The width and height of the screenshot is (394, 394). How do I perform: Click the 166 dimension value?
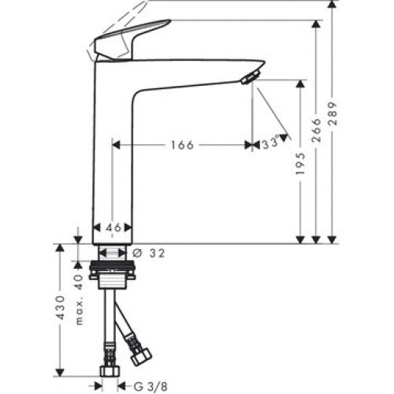[183, 145]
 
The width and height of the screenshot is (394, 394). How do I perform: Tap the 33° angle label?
[271, 143]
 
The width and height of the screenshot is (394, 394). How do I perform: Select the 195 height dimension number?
[300, 163]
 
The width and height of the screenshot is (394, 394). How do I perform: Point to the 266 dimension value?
[317, 130]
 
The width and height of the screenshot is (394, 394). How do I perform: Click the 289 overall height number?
[332, 113]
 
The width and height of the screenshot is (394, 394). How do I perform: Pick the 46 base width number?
[113, 228]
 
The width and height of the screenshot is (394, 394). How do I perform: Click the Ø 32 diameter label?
[149, 253]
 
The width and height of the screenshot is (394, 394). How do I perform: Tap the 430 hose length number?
[61, 307]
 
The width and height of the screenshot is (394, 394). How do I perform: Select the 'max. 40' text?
[80, 299]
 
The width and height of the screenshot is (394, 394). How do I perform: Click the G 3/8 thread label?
[151, 386]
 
